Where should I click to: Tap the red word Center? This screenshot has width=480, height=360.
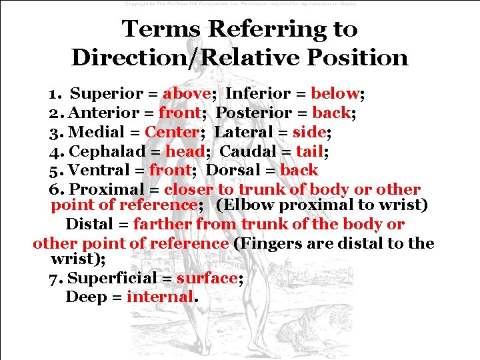[172, 132]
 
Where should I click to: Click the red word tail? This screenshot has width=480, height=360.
[310, 151]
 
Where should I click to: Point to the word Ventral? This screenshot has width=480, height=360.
[98, 170]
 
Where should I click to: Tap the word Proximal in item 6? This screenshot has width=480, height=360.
[106, 189]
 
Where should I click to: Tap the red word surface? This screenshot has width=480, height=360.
[207, 278]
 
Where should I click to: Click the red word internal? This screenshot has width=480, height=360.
[159, 297]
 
